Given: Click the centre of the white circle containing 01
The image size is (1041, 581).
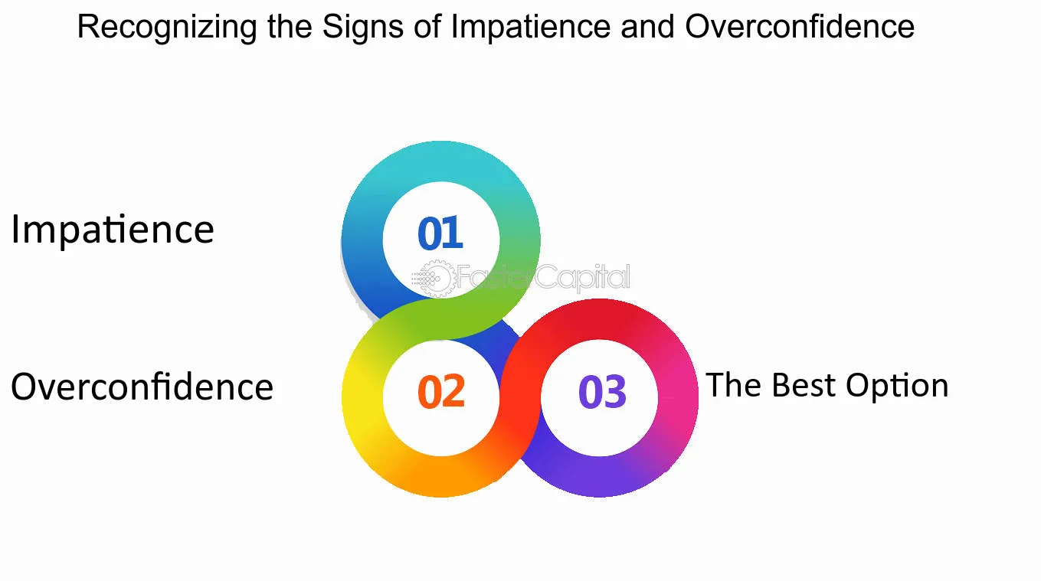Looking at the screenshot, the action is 441,240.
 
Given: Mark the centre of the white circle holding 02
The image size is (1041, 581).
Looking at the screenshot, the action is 441,397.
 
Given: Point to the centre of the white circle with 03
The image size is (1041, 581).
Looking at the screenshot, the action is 599,397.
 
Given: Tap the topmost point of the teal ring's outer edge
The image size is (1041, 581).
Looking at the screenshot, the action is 441,141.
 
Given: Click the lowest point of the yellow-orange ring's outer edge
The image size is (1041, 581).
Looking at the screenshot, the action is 441,498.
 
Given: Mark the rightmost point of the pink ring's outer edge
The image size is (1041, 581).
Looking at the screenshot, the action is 699,397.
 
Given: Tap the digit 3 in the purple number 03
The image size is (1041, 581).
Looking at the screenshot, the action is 615,392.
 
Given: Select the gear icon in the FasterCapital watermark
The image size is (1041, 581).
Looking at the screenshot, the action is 437,278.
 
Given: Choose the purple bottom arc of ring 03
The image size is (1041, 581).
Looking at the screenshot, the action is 599,477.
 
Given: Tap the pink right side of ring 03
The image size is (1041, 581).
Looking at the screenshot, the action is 678,397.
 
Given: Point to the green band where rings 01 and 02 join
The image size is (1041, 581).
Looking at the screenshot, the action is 441,319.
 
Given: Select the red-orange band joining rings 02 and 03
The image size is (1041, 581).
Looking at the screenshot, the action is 520,397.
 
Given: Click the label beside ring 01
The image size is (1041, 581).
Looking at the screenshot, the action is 113,229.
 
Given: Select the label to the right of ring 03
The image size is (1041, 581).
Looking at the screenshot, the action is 827,386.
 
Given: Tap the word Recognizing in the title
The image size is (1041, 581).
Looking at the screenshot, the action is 167,28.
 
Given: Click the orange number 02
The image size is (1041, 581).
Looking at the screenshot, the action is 441,391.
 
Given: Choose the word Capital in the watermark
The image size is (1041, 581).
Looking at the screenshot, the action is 583,277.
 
